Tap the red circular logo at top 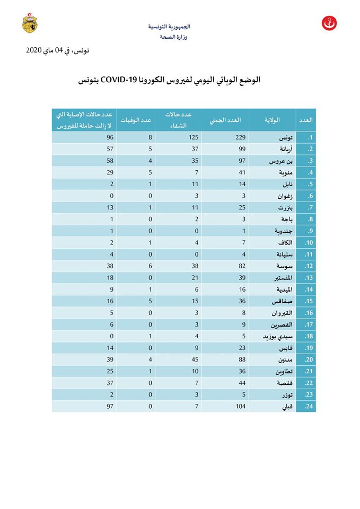point(329,24)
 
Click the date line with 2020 point(57,50)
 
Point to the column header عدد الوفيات point(136,120)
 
